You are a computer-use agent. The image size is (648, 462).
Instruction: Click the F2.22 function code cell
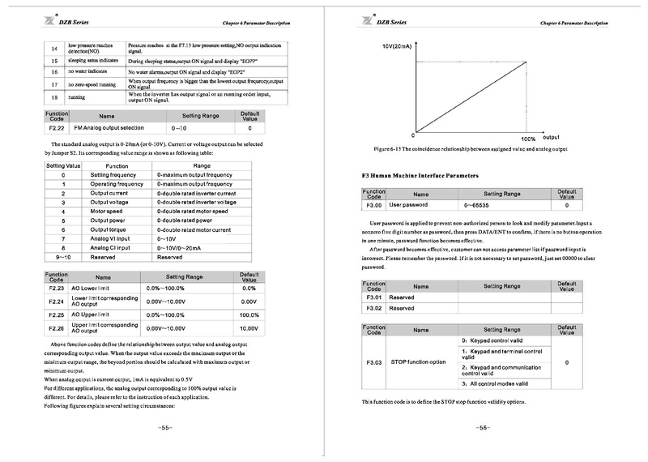pyautogui.click(x=56, y=128)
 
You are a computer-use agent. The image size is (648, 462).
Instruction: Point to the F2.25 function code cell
pyautogui.click(x=56, y=314)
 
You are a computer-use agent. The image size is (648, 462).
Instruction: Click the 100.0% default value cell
pyautogui.click(x=249, y=314)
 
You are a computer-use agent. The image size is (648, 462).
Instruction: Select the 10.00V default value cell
pyautogui.click(x=249, y=328)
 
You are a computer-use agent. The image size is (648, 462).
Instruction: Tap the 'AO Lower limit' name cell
pyautogui.click(x=95, y=289)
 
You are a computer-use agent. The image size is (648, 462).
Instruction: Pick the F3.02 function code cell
pyautogui.click(x=373, y=308)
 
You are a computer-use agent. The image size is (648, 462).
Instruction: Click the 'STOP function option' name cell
pyautogui.click(x=418, y=361)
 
